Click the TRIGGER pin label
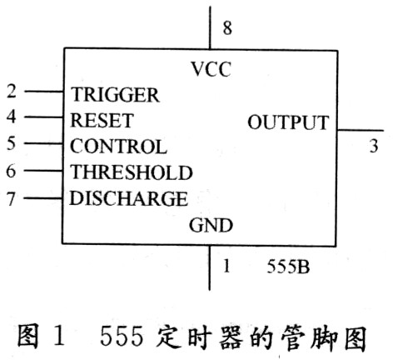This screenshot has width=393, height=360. point(115,95)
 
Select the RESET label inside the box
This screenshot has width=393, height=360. point(102,121)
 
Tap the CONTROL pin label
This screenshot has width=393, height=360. point(118,147)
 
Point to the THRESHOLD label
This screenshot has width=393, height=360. point(132,172)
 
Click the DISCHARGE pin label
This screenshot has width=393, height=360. point(128,198)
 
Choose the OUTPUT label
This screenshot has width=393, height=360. point(288,122)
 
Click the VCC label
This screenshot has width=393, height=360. point(211,69)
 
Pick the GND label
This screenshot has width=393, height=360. point(211,225)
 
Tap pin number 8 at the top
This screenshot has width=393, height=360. point(227,28)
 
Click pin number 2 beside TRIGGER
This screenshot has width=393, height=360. point(12,91)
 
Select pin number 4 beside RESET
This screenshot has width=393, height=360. point(12,117)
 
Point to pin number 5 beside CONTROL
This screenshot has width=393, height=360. point(11,143)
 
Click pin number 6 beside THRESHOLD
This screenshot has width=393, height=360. point(11,171)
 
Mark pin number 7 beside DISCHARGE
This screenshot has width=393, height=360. point(11,198)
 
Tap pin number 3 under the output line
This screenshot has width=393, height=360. point(374,146)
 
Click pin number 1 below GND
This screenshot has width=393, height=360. point(226,266)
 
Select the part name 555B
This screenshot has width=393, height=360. point(288,267)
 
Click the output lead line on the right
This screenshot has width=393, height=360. point(361,130)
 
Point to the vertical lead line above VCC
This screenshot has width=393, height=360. point(210,27)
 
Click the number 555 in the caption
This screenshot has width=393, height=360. point(122,337)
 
